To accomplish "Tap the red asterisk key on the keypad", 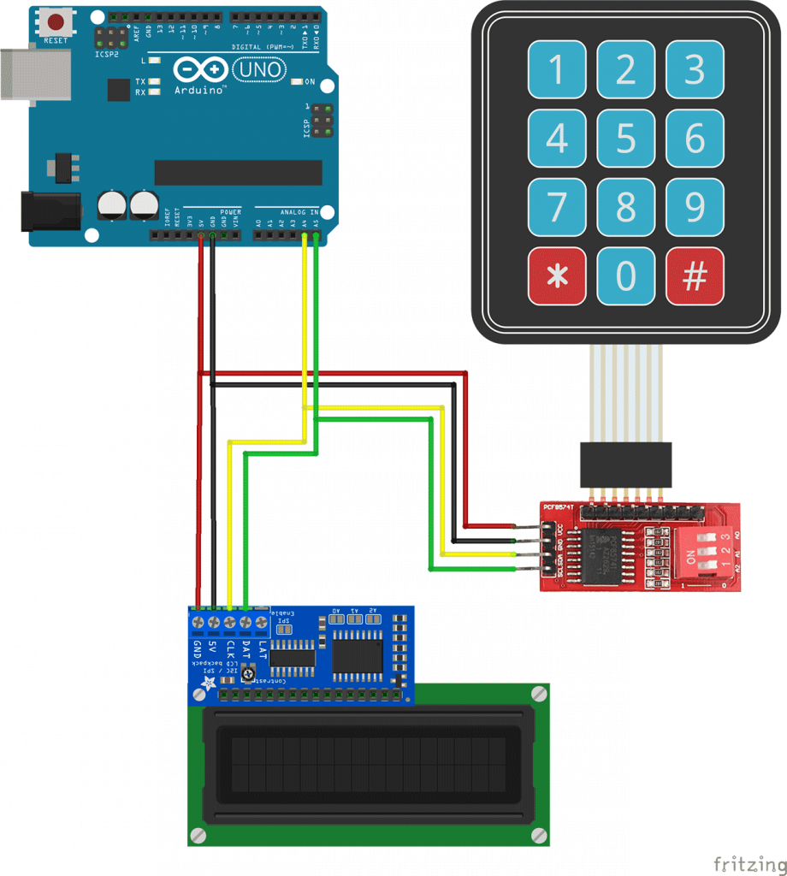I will tap(557, 276).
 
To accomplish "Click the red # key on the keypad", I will tap(695, 276).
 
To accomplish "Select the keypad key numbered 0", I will tap(626, 276).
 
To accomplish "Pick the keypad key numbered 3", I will tap(695, 69).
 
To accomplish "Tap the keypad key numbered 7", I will tap(557, 207).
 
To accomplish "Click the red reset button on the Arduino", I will tap(56, 21).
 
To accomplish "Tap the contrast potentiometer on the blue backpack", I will tap(248, 676).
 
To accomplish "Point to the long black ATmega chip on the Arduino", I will tap(238, 172).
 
